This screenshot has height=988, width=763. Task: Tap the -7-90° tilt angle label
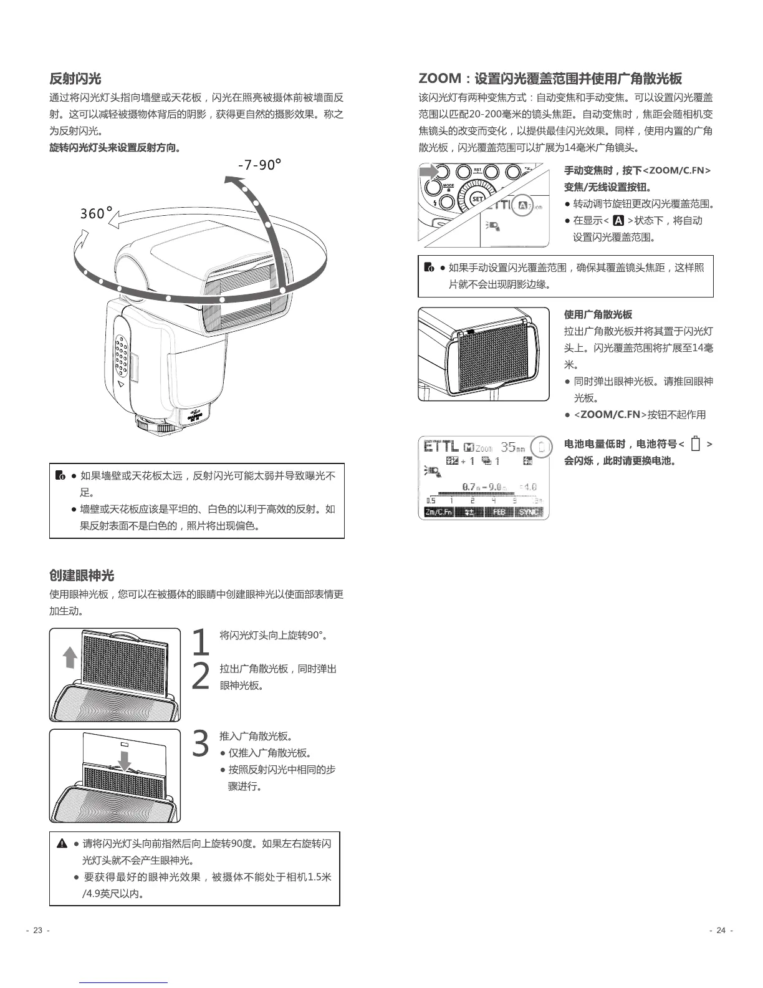pos(259,165)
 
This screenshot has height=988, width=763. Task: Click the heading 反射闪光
pos(75,79)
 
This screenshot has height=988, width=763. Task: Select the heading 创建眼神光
pos(82,575)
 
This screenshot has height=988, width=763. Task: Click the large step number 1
pos(200,642)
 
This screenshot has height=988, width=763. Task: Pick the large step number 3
pos(200,743)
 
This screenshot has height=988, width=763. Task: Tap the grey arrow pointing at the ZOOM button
pos(429,172)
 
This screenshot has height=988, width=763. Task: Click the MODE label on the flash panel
pos(448,186)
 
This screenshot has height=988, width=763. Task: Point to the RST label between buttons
pos(477,169)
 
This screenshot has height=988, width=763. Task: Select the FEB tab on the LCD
pos(499,512)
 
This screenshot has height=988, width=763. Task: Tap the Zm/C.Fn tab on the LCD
pos(438,512)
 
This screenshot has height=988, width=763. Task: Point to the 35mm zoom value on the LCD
pos(513,447)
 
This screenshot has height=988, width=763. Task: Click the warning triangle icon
pos(62,844)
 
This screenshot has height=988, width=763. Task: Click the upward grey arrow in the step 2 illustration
pos(70,658)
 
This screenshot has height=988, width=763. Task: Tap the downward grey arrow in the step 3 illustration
pos(125,760)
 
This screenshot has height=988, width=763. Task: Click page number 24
pos(721,931)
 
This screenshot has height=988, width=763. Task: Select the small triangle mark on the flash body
pos(120,385)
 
